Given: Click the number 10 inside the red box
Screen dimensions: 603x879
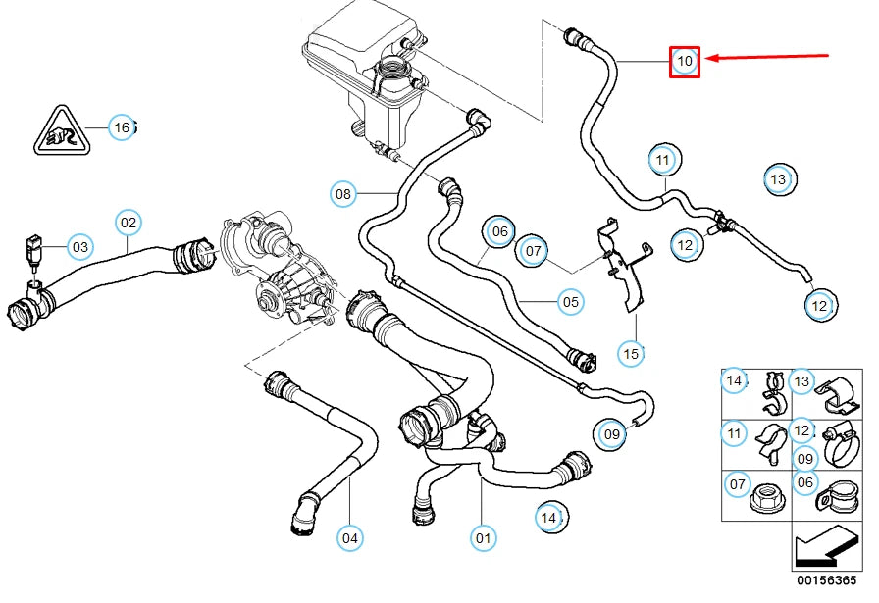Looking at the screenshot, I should (684, 62).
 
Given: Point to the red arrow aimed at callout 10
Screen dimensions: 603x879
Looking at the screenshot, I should (769, 57).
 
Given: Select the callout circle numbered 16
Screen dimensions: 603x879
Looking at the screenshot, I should (120, 127).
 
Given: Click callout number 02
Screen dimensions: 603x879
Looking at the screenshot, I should (129, 223).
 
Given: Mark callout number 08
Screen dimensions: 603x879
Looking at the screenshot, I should (342, 194).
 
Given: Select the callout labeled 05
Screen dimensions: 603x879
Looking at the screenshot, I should (571, 302).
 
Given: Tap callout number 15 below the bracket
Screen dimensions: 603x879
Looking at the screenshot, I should (631, 351).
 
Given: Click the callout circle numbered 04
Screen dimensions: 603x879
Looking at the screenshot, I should (350, 537).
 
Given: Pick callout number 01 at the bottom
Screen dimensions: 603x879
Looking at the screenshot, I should (483, 537).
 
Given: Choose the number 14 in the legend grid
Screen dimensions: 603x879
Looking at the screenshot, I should (733, 380).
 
